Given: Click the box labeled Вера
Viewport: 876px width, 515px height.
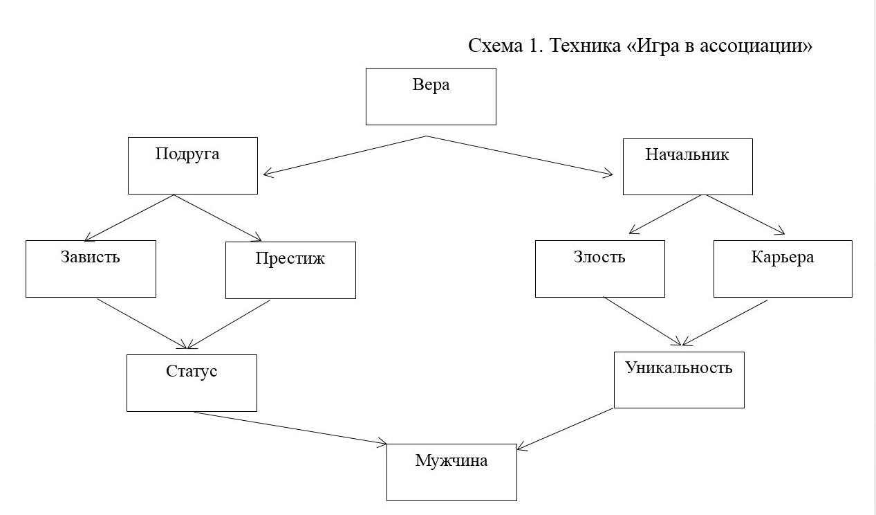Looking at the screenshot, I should click(431, 96).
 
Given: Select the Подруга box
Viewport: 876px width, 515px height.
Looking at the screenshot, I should click(193, 165).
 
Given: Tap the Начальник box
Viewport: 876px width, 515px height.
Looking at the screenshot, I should click(687, 166).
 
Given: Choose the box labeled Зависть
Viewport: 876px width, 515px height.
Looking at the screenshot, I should click(91, 269).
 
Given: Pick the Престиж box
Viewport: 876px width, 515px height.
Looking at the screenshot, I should click(290, 270).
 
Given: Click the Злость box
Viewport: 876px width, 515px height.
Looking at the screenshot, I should click(599, 269).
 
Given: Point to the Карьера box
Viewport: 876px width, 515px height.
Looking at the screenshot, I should click(783, 269).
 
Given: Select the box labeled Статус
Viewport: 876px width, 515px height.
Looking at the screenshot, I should click(192, 383).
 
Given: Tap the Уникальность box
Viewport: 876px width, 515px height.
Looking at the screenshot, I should click(679, 379).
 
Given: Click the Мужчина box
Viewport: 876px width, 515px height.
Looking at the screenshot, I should click(451, 472).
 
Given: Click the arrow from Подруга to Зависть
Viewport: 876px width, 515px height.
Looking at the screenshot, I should click(129, 217).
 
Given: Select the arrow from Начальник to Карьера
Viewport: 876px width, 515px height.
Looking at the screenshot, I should click(744, 215).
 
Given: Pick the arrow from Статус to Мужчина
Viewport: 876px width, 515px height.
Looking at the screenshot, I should click(290, 428).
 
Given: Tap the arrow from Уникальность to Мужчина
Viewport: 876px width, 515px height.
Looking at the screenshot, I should click(564, 429).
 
